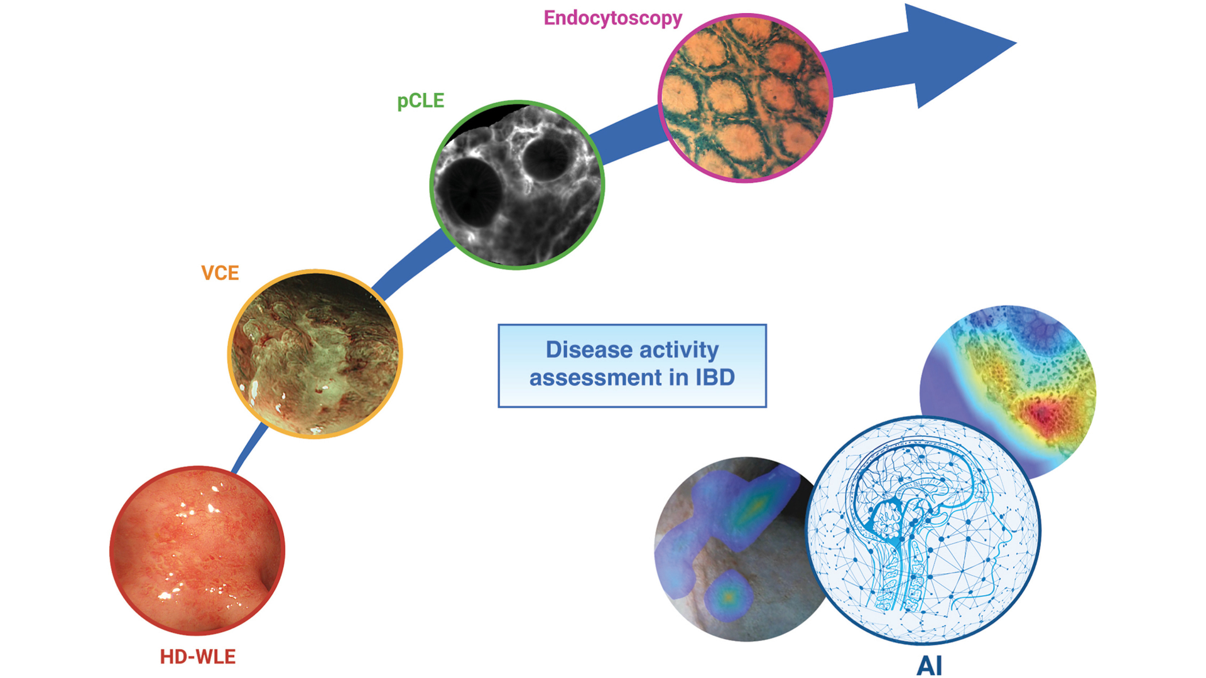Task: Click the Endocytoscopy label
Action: click(x=612, y=18)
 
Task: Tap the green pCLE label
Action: click(x=421, y=101)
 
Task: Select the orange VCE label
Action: click(x=220, y=273)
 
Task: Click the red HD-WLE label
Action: click(x=198, y=657)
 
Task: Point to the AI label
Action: click(x=929, y=665)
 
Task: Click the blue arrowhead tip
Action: click(x=1016, y=43)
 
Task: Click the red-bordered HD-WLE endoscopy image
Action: click(x=197, y=551)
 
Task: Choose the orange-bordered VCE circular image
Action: click(x=315, y=353)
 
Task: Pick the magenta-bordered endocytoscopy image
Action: click(x=746, y=98)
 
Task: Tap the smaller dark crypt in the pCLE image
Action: click(x=546, y=158)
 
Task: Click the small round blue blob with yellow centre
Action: click(x=729, y=596)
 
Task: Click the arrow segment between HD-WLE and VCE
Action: click(x=250, y=448)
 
